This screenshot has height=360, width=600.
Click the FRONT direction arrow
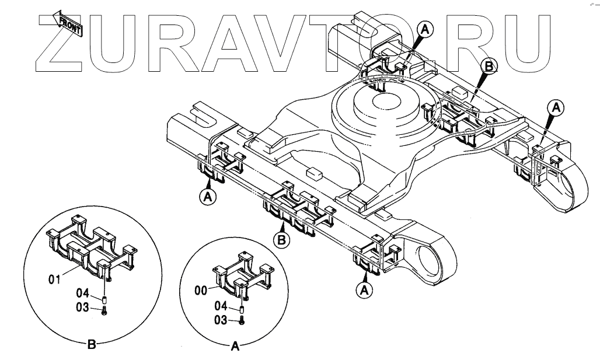point(69,25)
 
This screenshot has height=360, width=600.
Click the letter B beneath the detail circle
point(91,345)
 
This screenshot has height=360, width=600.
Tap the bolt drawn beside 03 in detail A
point(242,319)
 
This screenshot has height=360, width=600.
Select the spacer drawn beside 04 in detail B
point(104,300)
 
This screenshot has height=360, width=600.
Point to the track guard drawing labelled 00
point(242,274)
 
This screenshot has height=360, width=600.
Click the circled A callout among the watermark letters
point(426,29)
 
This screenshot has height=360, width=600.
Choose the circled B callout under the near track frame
point(281,239)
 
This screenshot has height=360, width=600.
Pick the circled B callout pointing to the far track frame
point(488,67)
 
